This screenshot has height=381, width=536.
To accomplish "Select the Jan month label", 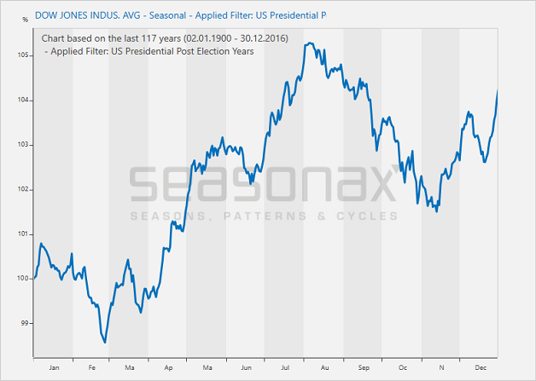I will pos(54,367).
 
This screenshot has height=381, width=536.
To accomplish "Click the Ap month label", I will pos(169,367).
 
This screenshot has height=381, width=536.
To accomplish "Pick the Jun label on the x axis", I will pos(246,367).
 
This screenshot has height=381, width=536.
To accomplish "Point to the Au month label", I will pos(324,367).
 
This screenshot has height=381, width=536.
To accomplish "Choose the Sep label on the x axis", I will pos(364,367).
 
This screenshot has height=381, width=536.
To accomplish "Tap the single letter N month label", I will pos(441,367).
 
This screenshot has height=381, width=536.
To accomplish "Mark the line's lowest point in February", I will pos(105,343).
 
